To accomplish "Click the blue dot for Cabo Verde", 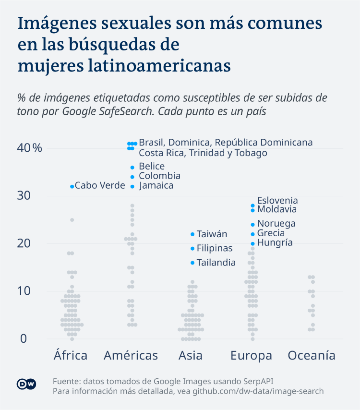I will pos(72,186).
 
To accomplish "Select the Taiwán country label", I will pos(212,234).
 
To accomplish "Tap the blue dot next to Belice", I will pos(132,167).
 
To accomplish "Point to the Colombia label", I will pos(159,176).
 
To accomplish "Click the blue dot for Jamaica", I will pos(132,186).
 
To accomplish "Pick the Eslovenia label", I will pos(277,201).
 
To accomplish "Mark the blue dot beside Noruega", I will pos(252,224).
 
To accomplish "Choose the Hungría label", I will pos(275,243).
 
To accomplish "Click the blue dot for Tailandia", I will pos(192,263).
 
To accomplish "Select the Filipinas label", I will pos(214,249).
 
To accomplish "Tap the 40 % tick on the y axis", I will pos(29,148).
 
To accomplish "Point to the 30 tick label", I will pos(24,196).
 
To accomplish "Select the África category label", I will pos(71,356).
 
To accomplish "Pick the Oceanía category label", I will pos(312,356).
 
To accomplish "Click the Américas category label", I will pos(131,356).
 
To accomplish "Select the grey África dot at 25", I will pos(72,220).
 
